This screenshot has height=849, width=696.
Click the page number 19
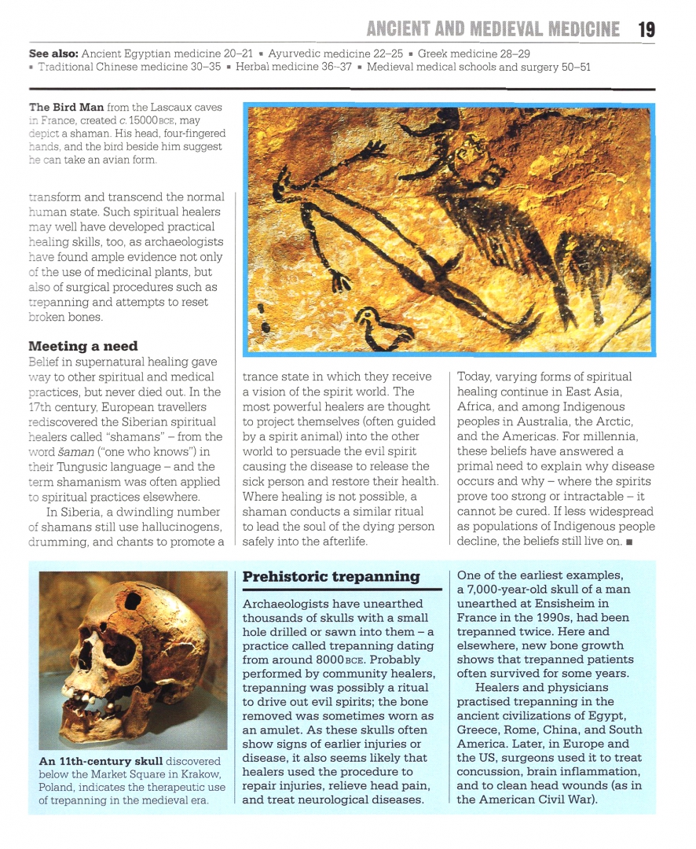[x=646, y=29]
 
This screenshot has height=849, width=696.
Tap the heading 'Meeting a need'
[x=82, y=346]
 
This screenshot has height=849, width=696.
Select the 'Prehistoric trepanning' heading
[x=331, y=577]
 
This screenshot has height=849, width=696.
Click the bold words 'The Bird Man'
[x=67, y=107]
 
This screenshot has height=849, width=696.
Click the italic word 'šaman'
[x=73, y=451]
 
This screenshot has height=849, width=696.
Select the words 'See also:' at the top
[x=53, y=53]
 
